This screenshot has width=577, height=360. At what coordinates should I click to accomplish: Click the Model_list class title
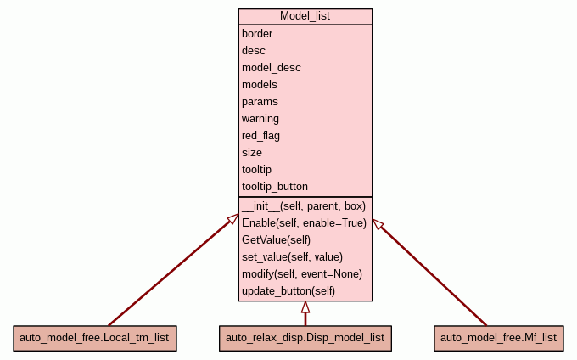coord(305,17)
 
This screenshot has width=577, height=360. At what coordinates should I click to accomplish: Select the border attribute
coord(258,34)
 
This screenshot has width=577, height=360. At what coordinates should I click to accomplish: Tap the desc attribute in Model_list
coord(254,51)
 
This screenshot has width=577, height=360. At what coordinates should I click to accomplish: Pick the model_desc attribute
coord(272,68)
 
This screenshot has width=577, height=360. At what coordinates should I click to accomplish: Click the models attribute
coord(260,85)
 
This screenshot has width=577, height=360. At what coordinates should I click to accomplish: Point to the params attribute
coord(260,102)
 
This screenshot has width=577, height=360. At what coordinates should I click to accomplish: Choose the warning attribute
coord(260,119)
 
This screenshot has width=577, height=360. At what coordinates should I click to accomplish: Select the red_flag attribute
coord(261,136)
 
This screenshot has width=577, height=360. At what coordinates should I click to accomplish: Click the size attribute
coord(252,153)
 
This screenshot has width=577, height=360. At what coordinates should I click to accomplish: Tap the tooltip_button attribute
coord(275,187)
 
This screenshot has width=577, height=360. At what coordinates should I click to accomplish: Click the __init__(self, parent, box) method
coord(303,206)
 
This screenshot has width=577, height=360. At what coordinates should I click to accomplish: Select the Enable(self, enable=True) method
coord(304,223)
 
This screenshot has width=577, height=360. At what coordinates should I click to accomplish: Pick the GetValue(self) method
coord(277,240)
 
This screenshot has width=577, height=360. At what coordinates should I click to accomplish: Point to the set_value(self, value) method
coord(292,257)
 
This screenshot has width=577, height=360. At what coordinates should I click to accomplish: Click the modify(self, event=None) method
coord(302,274)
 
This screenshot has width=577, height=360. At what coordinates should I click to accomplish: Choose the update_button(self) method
coord(288,291)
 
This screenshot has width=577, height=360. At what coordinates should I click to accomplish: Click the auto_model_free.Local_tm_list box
coord(94,338)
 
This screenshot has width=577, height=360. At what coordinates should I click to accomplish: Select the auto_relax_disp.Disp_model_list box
coord(305,338)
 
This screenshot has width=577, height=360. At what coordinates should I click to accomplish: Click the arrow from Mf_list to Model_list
coord(431,273)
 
